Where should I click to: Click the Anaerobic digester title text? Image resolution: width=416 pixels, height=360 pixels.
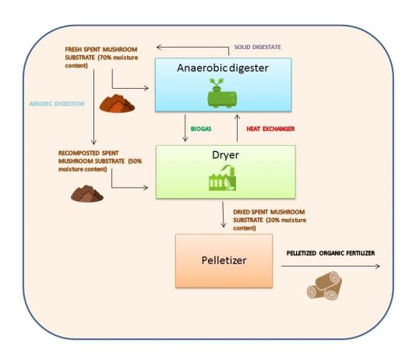click(x=223, y=68)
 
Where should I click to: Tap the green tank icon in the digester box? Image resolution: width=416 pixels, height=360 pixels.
click(x=222, y=93)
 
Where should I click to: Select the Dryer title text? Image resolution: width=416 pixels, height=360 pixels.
click(x=225, y=155)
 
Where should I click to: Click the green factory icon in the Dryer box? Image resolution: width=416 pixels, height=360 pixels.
click(x=222, y=178)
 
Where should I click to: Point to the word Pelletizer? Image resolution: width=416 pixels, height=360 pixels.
click(x=224, y=260)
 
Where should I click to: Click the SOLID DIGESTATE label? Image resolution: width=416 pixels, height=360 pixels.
click(x=257, y=48)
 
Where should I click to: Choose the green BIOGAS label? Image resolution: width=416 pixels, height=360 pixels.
click(x=201, y=129)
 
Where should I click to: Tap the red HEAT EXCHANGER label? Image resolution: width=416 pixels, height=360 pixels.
click(x=270, y=129)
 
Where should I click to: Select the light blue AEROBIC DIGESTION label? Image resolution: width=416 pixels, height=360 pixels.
click(x=57, y=104)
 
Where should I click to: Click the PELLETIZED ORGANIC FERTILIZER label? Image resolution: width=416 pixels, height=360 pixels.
click(x=330, y=253)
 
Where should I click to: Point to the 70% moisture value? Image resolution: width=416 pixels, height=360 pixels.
click(x=104, y=58)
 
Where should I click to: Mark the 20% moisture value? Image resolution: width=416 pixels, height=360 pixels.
click(x=273, y=221)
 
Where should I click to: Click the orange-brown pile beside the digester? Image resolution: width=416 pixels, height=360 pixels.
click(x=117, y=104)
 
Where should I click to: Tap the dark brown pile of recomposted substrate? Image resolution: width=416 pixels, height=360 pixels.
click(x=87, y=194)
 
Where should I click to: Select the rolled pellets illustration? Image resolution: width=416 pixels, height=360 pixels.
click(x=325, y=285)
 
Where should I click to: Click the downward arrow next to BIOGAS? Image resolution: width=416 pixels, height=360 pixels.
click(x=185, y=128)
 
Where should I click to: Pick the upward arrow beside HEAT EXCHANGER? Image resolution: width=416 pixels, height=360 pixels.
click(x=238, y=128)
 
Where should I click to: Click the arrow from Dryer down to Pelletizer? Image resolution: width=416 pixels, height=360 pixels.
click(x=223, y=214)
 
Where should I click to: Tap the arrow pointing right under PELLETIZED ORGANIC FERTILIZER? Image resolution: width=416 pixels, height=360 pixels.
click(x=330, y=266)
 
